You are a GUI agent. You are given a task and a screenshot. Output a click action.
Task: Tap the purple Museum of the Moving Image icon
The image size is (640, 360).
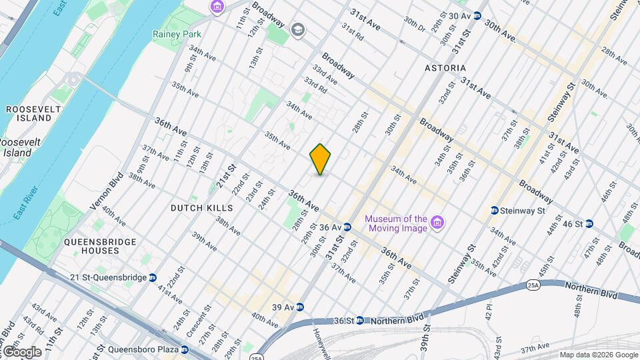tap(437, 221)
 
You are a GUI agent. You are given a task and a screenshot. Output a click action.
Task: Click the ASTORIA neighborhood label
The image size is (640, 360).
tap(445, 69)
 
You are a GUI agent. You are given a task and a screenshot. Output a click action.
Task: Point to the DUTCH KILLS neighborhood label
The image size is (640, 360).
tap(201, 208)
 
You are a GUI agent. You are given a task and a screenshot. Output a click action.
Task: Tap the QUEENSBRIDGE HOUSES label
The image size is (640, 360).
tap(101, 247)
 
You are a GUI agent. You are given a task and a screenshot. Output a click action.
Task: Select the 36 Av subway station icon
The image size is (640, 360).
tap(347, 227)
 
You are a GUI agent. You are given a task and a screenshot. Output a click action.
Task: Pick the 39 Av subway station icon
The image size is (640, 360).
tap(300, 307)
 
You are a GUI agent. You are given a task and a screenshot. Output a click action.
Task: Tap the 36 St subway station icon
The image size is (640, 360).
tap(360, 321)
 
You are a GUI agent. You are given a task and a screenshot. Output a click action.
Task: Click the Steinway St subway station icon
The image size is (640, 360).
tap(494, 211)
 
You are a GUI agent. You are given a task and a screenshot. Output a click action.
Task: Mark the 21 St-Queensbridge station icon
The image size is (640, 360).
tap(153, 278)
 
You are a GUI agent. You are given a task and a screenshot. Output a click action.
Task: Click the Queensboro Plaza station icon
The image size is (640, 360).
tap(185, 349)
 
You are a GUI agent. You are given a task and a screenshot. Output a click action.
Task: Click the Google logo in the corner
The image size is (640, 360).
tap(21, 351)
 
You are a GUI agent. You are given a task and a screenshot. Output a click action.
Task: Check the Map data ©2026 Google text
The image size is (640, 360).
tap(597, 355)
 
